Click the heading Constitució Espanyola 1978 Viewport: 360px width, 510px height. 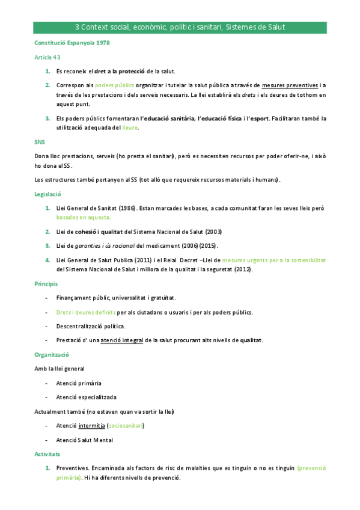[x=72, y=43]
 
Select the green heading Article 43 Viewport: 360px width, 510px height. [x=47, y=57]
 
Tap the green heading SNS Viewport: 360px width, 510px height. [x=40, y=143]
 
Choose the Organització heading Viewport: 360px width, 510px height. [x=50, y=355]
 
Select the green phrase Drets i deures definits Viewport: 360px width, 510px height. [x=86, y=312]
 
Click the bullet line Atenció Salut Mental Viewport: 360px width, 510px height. [x=84, y=440]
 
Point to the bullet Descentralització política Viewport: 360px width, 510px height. [x=91, y=326]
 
